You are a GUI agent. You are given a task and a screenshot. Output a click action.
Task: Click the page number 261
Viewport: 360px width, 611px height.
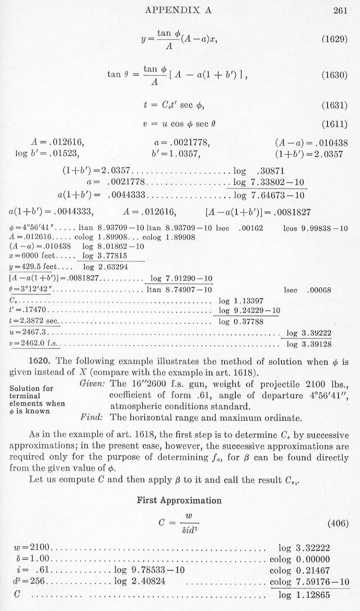340,10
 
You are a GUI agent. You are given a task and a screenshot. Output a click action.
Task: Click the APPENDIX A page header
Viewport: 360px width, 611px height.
179,10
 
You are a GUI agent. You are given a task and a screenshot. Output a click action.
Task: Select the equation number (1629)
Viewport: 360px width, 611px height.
334,39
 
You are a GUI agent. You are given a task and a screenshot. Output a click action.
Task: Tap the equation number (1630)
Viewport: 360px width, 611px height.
334,75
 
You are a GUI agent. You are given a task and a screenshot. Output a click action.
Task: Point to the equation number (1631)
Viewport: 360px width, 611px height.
334,106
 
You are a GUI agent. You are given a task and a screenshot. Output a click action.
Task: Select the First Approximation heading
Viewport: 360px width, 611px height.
179,500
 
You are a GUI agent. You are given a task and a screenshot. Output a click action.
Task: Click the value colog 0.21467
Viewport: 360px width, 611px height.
300,571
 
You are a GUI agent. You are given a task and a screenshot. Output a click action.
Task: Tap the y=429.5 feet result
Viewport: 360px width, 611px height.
31,267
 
